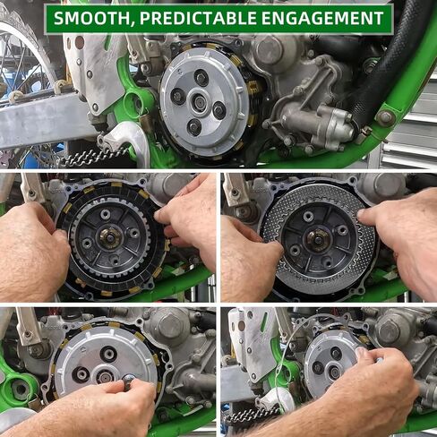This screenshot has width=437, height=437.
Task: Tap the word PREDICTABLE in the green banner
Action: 198,18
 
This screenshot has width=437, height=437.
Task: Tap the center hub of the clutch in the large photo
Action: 199,101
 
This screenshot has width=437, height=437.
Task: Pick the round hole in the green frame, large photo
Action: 136,100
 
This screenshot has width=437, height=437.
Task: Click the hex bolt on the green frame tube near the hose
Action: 385,117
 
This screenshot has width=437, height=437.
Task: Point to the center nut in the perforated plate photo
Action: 319,239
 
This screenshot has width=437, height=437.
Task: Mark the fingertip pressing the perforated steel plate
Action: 362,214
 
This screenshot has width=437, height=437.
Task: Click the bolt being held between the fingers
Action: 128,381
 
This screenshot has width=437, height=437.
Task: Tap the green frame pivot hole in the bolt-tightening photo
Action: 20,389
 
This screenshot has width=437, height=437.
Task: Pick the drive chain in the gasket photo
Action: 253,415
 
